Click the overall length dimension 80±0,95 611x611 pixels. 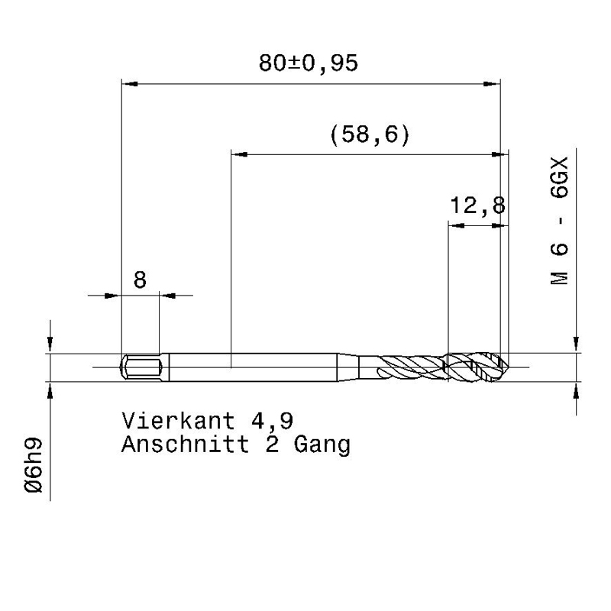pyautogui.click(x=309, y=63)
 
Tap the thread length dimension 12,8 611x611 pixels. pyautogui.click(x=478, y=205)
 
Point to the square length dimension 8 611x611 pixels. pyautogui.click(x=140, y=280)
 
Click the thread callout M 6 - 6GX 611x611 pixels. pyautogui.click(x=560, y=221)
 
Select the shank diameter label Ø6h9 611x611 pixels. pyautogui.click(x=34, y=465)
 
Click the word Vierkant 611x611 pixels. pyautogui.click(x=179, y=421)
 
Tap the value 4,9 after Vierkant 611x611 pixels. pyautogui.click(x=272, y=422)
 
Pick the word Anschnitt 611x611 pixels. pyautogui.click(x=185, y=444)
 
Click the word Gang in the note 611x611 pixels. pyautogui.click(x=322, y=445)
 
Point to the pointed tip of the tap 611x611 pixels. pyautogui.click(x=508, y=367)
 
